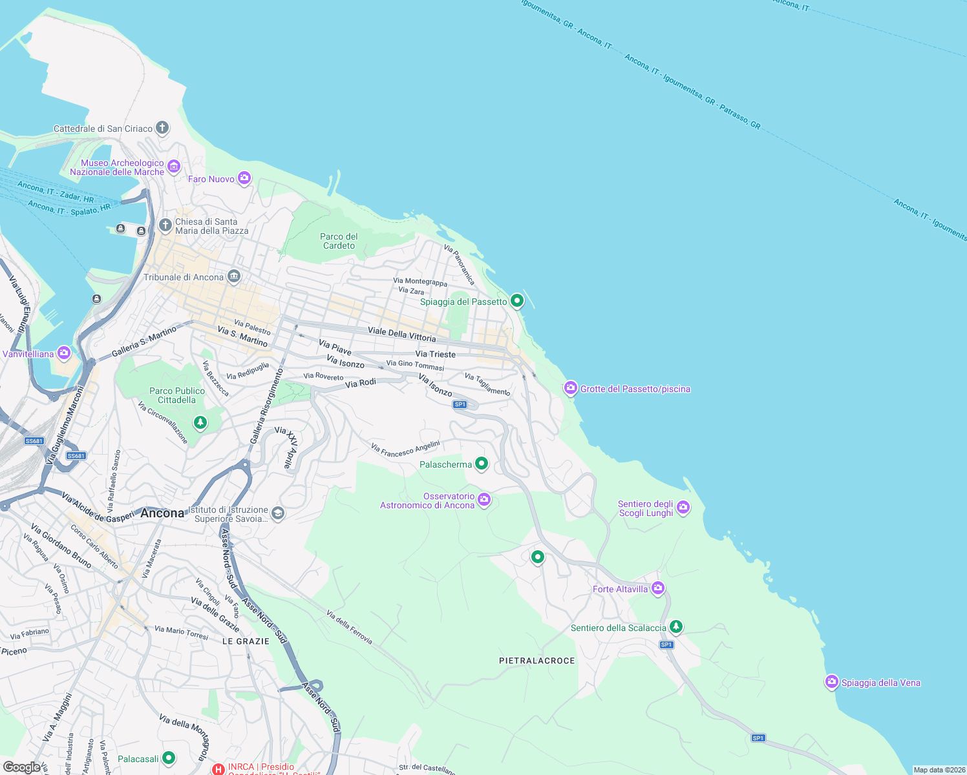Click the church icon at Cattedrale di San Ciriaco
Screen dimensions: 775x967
[162, 127]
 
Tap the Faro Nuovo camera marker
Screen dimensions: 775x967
[244, 178]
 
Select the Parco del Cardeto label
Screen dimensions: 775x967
[339, 241]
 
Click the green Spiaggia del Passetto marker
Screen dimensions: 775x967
[517, 300]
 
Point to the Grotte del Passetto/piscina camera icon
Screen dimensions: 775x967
[570, 387]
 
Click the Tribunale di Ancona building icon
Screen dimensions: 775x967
[234, 276]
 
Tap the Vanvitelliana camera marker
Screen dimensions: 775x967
[63, 353]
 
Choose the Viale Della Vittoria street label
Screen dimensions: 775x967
[401, 334]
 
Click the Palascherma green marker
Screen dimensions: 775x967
[482, 463]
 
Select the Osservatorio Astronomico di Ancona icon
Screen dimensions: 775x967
[484, 499]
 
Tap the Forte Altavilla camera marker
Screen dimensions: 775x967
[658, 588]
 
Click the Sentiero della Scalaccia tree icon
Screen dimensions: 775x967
[675, 626]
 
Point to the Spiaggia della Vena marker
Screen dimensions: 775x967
[831, 681]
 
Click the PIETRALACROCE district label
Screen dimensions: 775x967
[537, 661]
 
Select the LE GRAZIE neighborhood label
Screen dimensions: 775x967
[246, 641]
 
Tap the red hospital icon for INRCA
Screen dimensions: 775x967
[218, 769]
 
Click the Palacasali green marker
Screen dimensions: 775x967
[169, 758]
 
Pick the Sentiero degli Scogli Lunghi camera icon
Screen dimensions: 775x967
[683, 508]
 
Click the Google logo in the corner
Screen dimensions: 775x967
[21, 767]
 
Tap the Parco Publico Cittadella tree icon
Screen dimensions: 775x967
[200, 422]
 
